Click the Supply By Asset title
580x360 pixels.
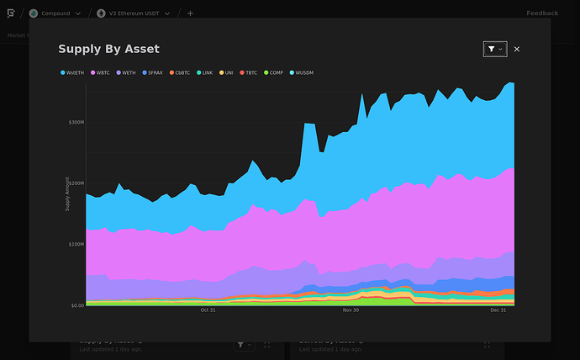click(x=108, y=50)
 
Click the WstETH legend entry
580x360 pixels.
click(x=74, y=73)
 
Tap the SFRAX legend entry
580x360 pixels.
click(x=153, y=73)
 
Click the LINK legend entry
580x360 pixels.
click(x=205, y=73)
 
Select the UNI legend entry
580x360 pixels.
click(x=227, y=73)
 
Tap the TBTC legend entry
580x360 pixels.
click(x=249, y=73)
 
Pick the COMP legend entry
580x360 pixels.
click(x=274, y=73)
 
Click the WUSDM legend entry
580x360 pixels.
click(x=302, y=73)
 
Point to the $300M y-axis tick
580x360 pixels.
click(x=76, y=122)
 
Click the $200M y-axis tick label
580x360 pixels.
click(x=76, y=183)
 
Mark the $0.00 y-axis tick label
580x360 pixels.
click(x=76, y=305)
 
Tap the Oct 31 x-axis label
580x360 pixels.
click(x=208, y=310)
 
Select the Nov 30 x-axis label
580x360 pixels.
click(x=351, y=310)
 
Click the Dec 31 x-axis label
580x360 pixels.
click(x=498, y=310)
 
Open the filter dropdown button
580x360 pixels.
click(x=495, y=50)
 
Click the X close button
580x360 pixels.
click(x=517, y=50)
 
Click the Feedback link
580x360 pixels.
click(x=542, y=13)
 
